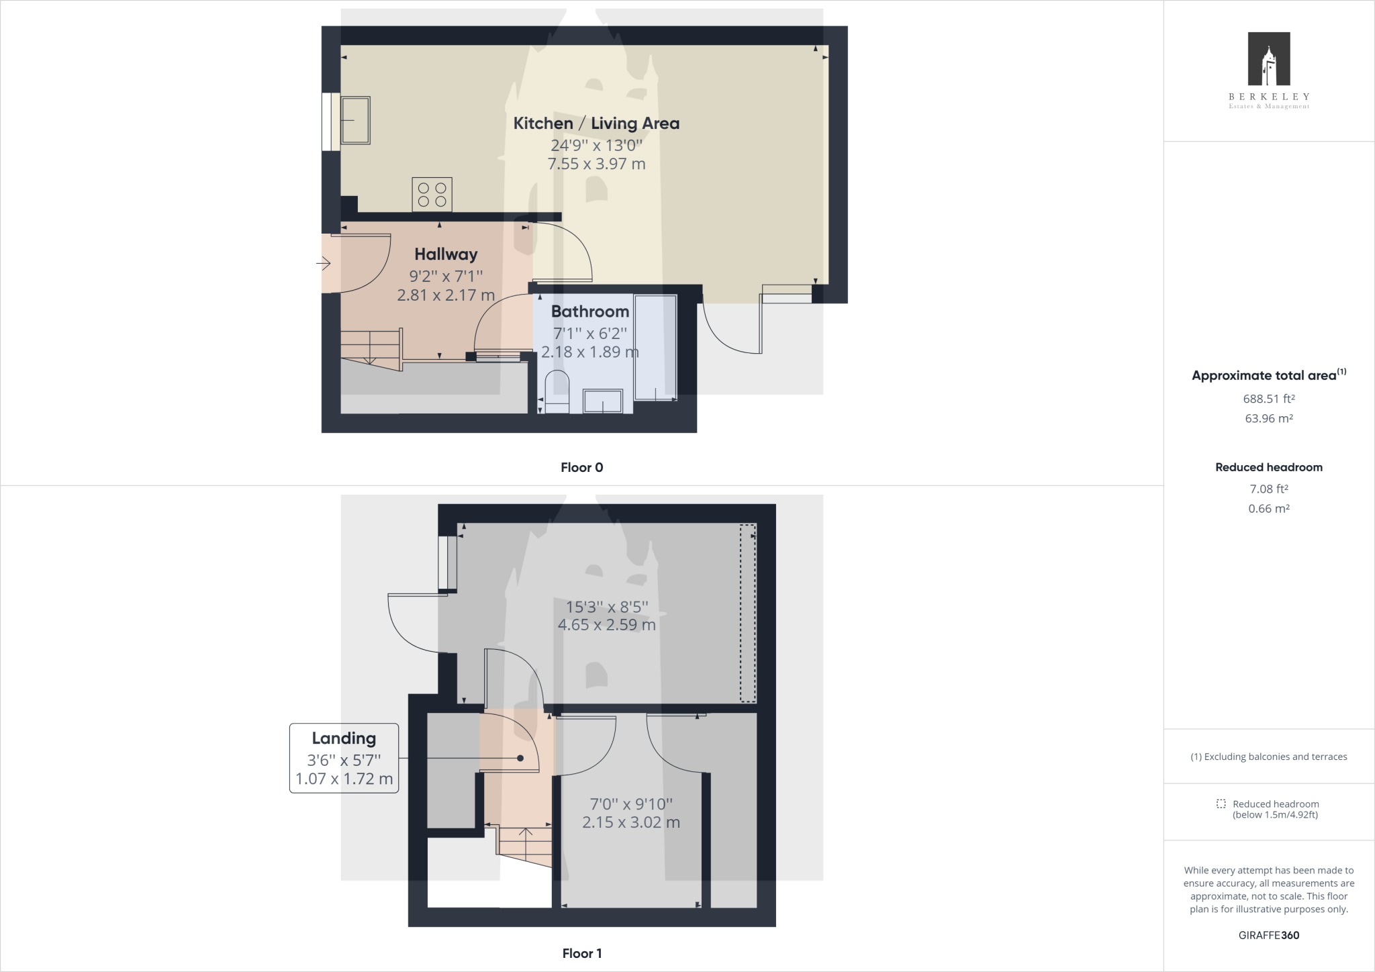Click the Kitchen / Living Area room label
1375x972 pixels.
click(x=596, y=124)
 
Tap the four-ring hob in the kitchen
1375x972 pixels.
click(x=432, y=195)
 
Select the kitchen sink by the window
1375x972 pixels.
click(x=355, y=120)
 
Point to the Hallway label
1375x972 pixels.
click(x=446, y=254)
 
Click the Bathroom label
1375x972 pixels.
click(x=590, y=311)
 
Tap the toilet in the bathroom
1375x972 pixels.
click(x=557, y=392)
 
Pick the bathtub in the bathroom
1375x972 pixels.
click(x=655, y=348)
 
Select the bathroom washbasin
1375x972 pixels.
click(x=603, y=401)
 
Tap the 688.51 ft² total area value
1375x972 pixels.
click(x=1269, y=399)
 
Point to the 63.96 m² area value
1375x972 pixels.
click(x=1269, y=418)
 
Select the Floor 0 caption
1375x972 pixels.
click(x=582, y=468)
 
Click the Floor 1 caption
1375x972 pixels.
click(x=582, y=953)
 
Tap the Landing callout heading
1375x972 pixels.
click(x=344, y=738)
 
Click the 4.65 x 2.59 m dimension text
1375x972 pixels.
click(x=607, y=625)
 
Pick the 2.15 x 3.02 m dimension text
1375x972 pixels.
click(x=631, y=822)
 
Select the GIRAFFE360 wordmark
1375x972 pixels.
click(x=1269, y=935)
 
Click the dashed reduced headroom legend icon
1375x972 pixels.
click(x=1221, y=804)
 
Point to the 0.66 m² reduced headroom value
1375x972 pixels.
click(x=1269, y=509)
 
